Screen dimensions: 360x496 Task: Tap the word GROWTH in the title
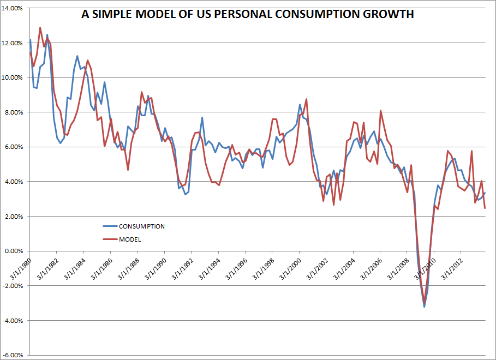(388, 14)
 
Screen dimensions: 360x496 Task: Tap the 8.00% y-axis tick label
(14, 112)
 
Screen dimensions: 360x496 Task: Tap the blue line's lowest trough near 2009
(424, 307)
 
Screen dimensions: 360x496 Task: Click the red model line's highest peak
(40, 27)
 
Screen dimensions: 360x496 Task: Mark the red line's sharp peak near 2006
(380, 111)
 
